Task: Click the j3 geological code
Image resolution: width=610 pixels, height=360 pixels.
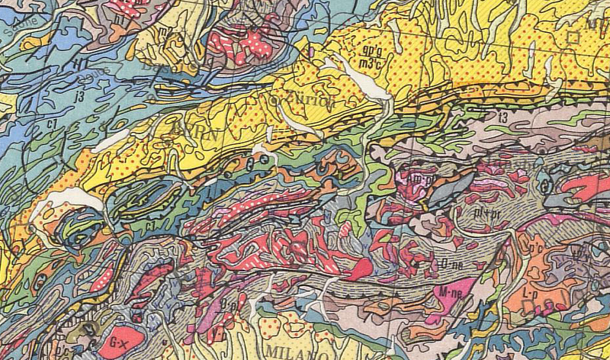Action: coord(79,95)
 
